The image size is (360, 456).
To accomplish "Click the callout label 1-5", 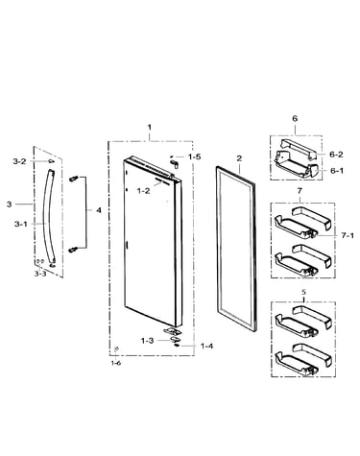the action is pos(195,156).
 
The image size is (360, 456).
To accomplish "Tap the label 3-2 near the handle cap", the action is pos(19,161).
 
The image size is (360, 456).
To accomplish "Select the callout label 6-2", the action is pos(336,155).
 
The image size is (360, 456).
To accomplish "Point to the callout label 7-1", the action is pos(348,235).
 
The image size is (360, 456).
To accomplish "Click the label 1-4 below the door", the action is pos(206,346).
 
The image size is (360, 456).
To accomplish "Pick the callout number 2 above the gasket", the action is pos(239,158).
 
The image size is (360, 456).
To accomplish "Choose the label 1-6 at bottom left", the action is pos(116,363).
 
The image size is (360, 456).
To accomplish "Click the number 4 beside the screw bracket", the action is pos(99,210).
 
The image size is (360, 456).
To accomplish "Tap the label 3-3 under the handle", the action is pos(40,274).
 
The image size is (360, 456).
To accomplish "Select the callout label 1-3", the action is pos(148,341).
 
